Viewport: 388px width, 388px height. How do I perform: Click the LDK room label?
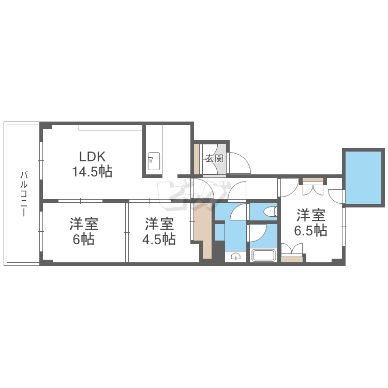(92, 156)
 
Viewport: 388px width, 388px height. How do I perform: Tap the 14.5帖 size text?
(92, 171)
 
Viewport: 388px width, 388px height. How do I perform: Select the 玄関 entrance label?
(215, 158)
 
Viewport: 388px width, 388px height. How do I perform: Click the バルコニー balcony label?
(24, 193)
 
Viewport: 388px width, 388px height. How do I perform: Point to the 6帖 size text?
(84, 239)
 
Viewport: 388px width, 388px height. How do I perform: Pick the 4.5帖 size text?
(159, 239)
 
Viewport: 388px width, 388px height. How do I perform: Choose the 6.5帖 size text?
(311, 230)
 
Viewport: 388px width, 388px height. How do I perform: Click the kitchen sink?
(154, 161)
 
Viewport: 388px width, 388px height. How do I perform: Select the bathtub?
(263, 256)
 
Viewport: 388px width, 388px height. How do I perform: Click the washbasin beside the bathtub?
(235, 257)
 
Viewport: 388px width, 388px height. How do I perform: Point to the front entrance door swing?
(240, 163)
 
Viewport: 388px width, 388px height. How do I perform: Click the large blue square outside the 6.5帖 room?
(363, 177)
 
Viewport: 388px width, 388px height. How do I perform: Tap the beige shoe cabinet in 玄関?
(197, 159)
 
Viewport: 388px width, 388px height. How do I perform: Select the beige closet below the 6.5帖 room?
(292, 260)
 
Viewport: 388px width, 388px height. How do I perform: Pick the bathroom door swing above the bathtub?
(258, 233)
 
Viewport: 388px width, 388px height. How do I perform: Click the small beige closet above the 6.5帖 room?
(314, 180)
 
